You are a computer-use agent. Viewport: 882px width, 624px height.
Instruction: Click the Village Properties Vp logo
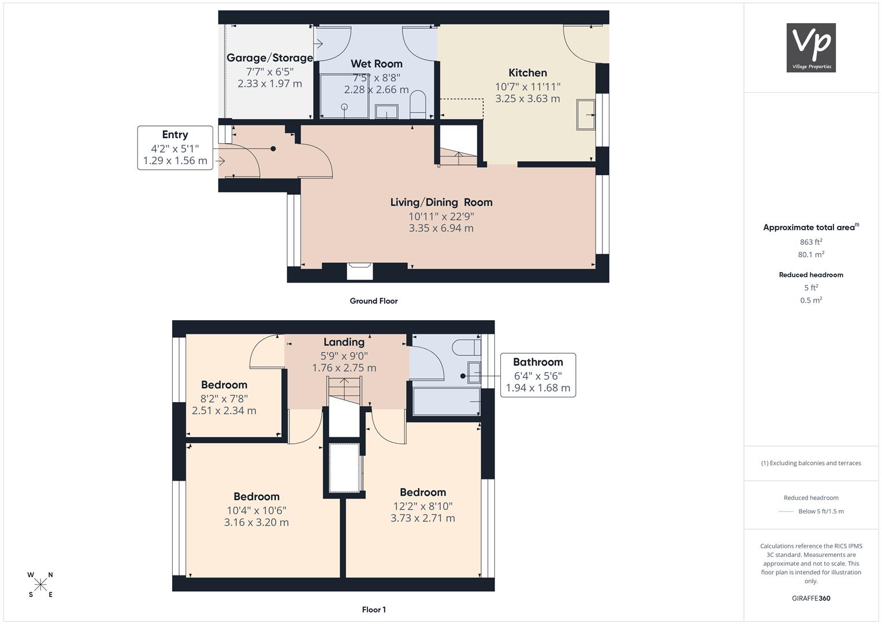(x=811, y=47)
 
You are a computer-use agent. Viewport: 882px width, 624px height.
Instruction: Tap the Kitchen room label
(x=527, y=73)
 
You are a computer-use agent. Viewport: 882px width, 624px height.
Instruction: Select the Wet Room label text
(x=377, y=64)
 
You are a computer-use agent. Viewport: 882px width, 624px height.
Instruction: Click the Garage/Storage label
(x=270, y=58)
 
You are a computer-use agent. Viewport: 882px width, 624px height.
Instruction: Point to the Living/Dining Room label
(x=441, y=202)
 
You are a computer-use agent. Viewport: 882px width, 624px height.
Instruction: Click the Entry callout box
(x=175, y=148)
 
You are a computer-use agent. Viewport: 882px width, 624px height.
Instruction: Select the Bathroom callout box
(x=538, y=375)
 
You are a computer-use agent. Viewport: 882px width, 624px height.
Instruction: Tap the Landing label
(x=344, y=342)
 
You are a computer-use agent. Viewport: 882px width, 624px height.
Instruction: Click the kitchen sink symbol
(x=586, y=114)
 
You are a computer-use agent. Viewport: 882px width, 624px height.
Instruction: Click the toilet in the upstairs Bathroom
(x=466, y=347)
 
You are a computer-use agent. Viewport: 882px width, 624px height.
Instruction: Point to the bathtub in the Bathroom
(x=446, y=402)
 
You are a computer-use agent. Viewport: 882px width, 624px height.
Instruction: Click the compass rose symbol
(x=40, y=585)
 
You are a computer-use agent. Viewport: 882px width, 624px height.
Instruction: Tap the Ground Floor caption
(x=374, y=301)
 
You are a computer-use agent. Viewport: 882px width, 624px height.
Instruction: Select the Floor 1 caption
(x=374, y=610)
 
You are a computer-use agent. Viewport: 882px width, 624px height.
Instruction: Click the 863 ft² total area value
(x=811, y=242)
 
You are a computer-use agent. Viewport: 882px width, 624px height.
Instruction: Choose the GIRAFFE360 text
(x=811, y=599)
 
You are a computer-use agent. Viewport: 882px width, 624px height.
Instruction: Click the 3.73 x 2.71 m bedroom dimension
(x=423, y=518)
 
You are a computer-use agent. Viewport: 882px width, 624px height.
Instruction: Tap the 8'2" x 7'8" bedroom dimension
(x=224, y=399)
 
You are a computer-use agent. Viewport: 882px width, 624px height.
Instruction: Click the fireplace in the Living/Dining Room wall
(x=360, y=271)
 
